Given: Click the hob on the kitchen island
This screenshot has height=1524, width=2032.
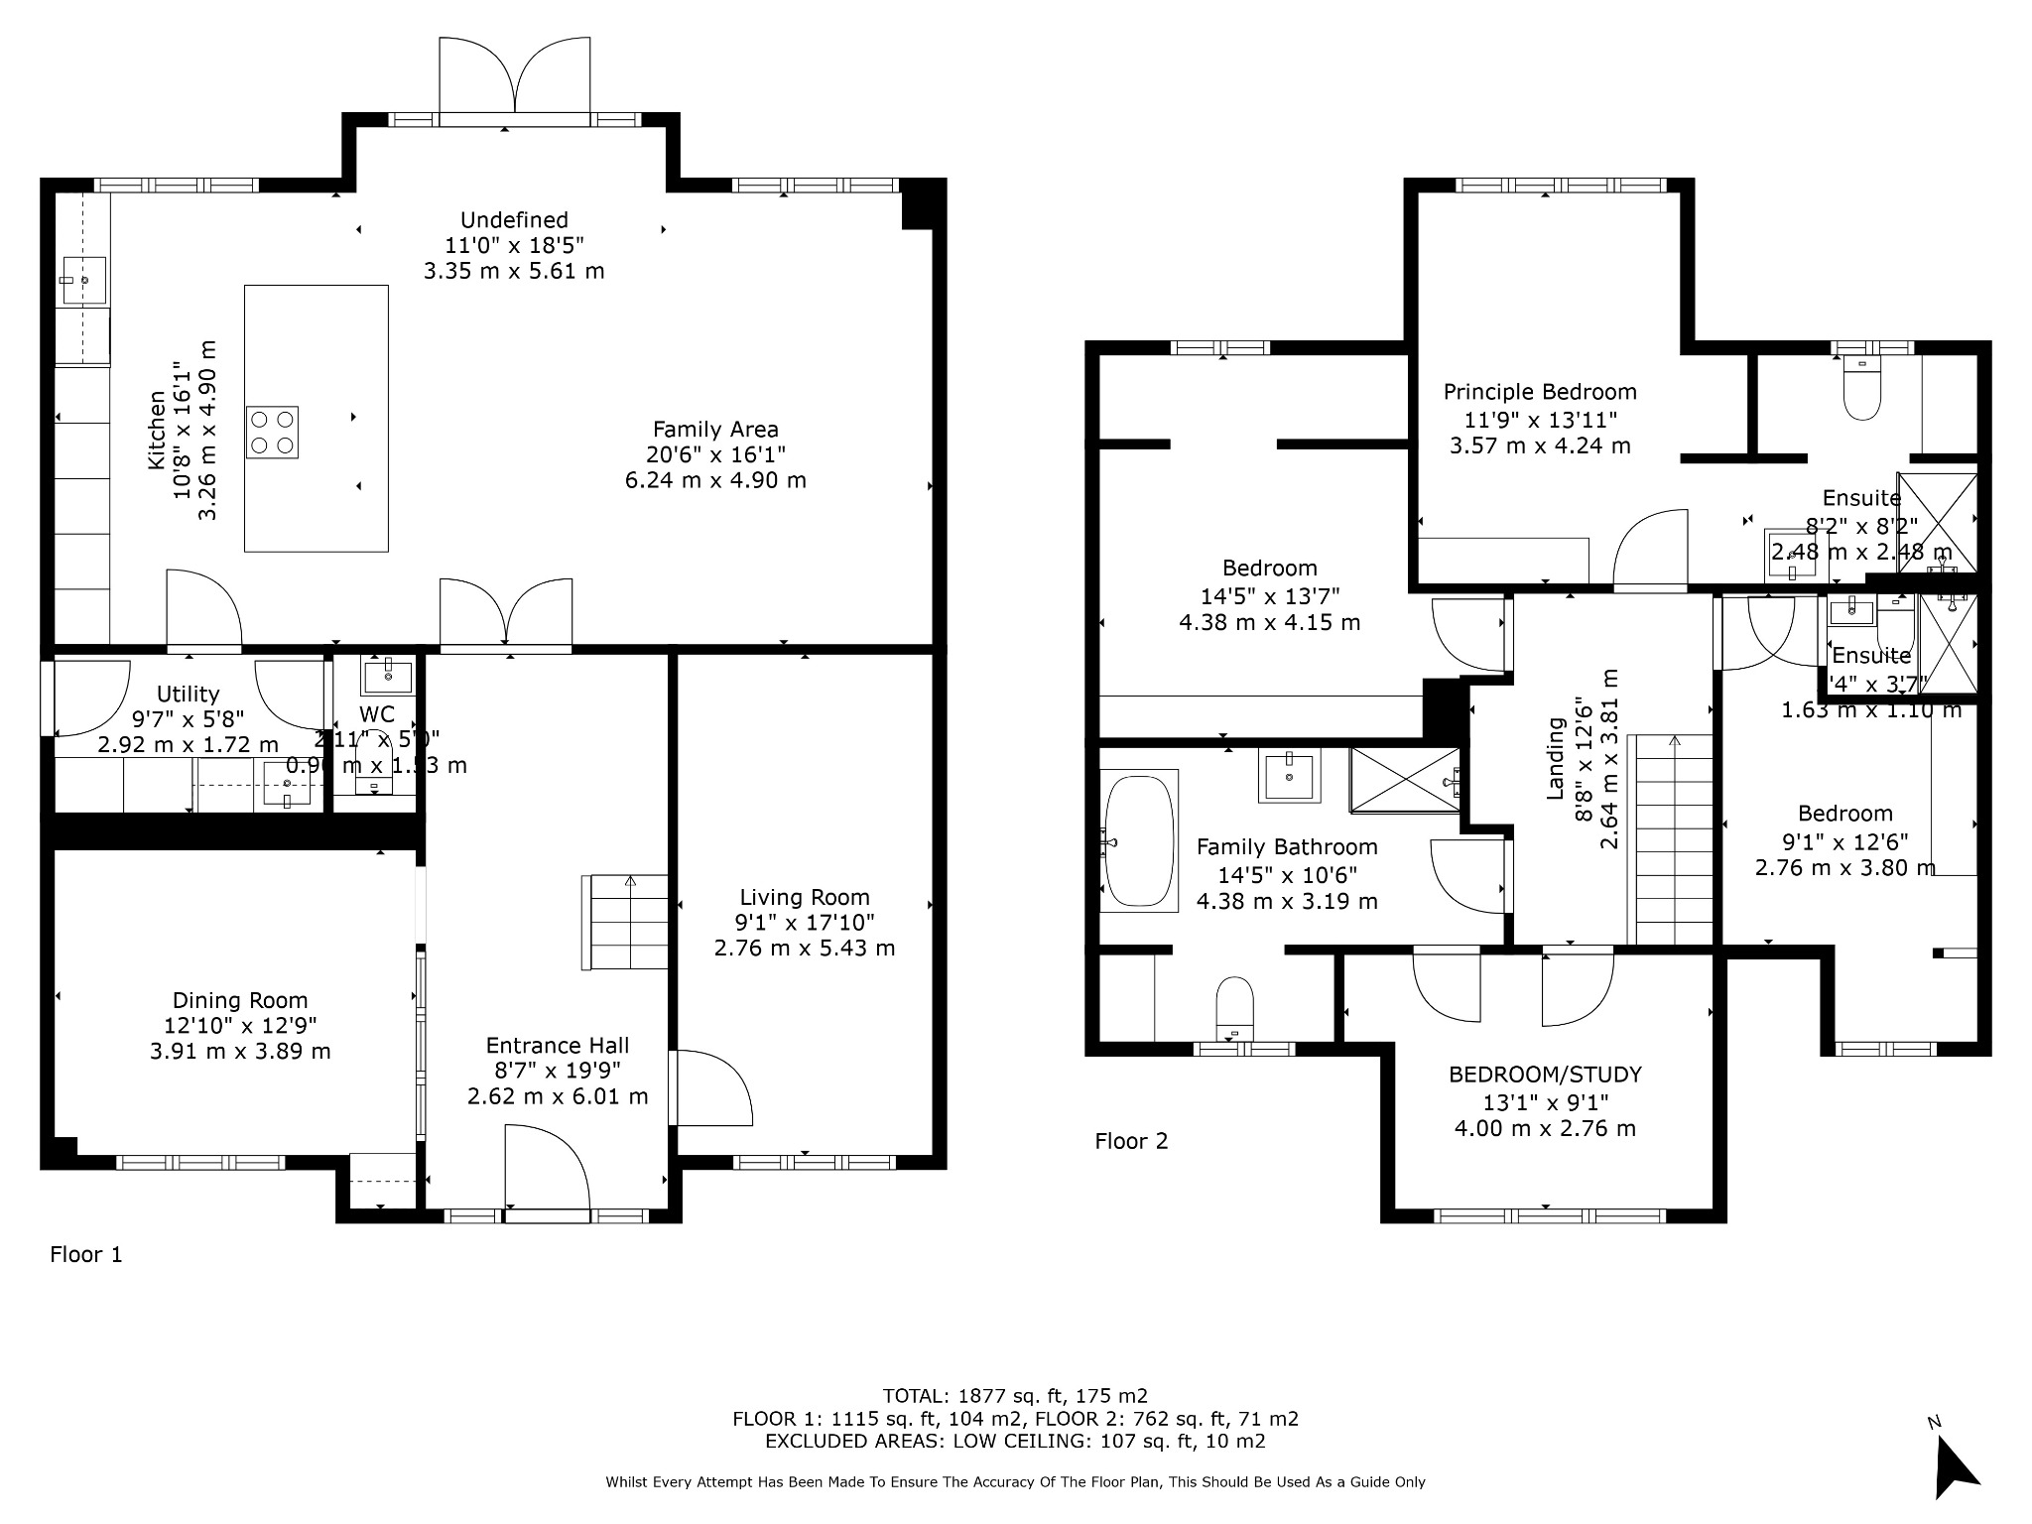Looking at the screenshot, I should pos(272,433).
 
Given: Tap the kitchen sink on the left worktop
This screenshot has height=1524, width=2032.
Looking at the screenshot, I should pos(84,280).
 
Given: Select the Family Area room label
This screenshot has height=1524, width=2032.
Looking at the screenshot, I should pos(715,430).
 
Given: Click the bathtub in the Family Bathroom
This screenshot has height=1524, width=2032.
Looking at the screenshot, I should pos(1139,840).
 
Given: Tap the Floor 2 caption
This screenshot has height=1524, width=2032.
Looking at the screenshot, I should pos(1131,1141).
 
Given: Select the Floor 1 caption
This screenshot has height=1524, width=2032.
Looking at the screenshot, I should pos(86,1254).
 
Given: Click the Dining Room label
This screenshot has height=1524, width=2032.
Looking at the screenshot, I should pos(240,1000).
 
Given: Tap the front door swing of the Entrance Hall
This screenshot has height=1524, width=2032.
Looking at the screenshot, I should pos(546,1166).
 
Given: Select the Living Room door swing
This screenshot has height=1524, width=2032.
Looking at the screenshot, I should pos(712,1088).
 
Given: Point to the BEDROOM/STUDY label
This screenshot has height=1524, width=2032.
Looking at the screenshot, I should pos(1545,1075).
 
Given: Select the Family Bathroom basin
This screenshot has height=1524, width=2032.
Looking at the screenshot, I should pos(1289,775).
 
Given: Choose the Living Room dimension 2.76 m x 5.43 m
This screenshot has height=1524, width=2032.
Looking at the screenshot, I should pos(805,948).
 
